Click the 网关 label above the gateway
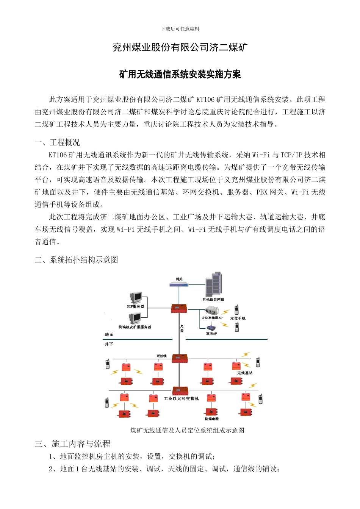[x=179, y=279]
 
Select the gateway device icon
[x=179, y=284]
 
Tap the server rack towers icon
[x=214, y=284]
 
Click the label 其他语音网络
[x=213, y=300]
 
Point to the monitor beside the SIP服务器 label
[x=136, y=298]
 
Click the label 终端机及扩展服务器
[x=135, y=327]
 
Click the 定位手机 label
[x=238, y=318]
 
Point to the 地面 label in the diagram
[x=109, y=334]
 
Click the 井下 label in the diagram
[x=109, y=344]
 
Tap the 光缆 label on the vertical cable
[x=182, y=328]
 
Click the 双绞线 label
[x=161, y=356]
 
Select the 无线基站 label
[x=245, y=373]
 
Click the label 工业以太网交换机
[x=181, y=398]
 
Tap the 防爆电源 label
[x=212, y=419]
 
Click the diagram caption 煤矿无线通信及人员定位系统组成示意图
[x=187, y=430]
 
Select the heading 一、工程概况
[x=57, y=142]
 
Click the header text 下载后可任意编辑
[x=180, y=29]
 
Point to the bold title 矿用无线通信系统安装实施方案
[x=180, y=74]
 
